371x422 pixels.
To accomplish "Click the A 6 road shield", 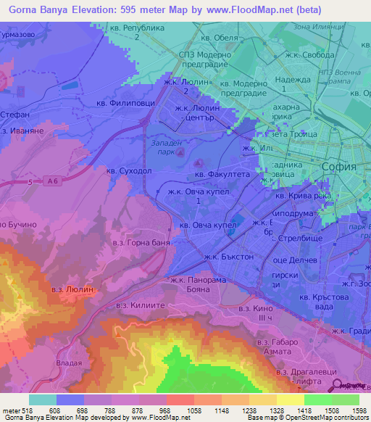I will pos(49,181).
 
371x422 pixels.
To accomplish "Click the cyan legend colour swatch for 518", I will pos(42,399).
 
